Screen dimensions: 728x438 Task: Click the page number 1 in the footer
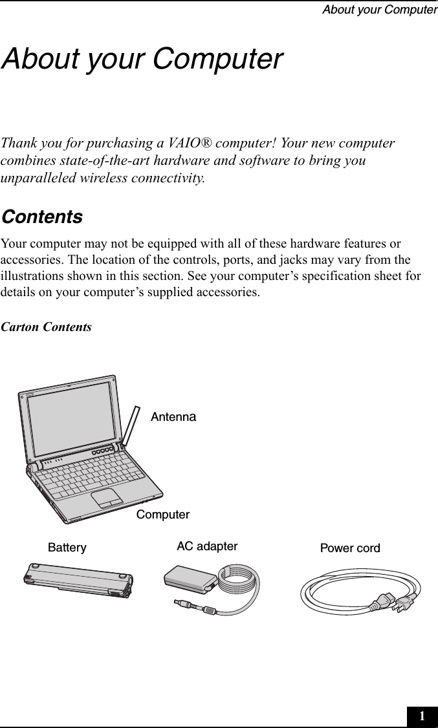click(x=422, y=716)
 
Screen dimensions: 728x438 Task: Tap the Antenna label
click(x=173, y=418)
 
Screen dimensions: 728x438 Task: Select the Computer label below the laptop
click(x=163, y=515)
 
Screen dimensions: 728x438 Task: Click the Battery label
click(x=67, y=548)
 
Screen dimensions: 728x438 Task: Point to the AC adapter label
click(x=207, y=546)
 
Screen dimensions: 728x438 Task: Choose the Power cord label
click(x=350, y=549)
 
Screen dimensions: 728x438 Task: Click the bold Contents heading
click(x=42, y=217)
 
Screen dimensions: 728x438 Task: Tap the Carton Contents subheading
click(x=47, y=327)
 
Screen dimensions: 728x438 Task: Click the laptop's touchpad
click(x=107, y=498)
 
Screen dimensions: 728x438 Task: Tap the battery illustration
click(x=78, y=579)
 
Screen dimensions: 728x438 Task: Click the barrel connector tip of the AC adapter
click(x=181, y=603)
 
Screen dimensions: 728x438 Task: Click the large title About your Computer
click(x=142, y=59)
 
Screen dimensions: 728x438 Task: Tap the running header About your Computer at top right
click(x=388, y=10)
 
